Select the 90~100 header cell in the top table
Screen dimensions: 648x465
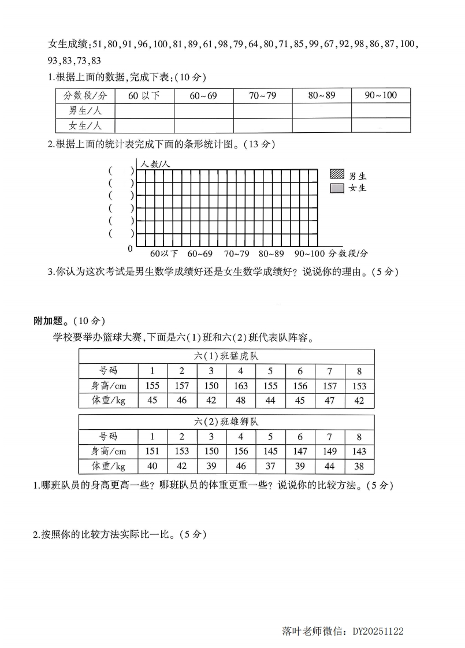[381, 95]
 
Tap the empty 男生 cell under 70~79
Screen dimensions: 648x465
[262, 111]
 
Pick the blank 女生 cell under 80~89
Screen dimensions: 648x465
[321, 125]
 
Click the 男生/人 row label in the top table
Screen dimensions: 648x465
[85, 111]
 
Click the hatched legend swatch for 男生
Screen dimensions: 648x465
[337, 174]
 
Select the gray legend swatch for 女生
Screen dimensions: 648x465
[337, 188]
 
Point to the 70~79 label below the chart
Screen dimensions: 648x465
[237, 254]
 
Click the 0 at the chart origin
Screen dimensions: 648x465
[130, 249]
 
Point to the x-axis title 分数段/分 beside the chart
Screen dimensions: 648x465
[348, 254]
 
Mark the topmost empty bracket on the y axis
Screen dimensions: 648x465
[121, 170]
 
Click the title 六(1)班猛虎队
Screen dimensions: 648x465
[226, 356]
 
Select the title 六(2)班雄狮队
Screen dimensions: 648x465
[226, 422]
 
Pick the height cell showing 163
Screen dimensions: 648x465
[240, 386]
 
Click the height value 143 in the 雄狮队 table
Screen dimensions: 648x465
[359, 451]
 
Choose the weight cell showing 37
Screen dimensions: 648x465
[270, 466]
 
